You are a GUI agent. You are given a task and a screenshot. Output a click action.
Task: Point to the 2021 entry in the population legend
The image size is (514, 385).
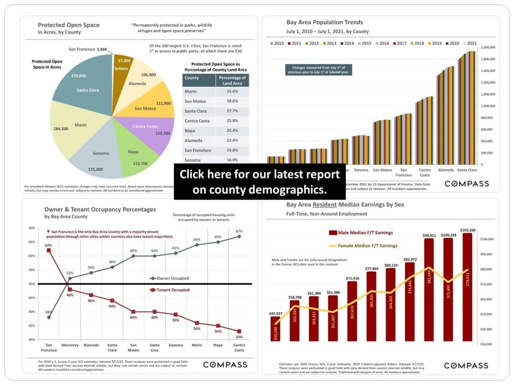469,44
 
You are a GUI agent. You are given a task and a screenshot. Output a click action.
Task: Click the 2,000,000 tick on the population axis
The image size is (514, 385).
488,48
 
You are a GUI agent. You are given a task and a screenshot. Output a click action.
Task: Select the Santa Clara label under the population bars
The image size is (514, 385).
467,170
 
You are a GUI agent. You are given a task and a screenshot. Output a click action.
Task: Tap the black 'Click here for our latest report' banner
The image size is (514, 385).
260,181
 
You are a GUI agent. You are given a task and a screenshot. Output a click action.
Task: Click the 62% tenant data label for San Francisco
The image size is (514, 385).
49,246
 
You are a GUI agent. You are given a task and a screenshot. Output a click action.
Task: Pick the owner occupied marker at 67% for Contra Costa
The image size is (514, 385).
239,237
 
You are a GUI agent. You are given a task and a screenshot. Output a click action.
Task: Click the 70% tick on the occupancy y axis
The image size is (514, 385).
32,228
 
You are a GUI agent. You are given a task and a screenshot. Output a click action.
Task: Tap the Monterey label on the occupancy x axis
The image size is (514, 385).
70,345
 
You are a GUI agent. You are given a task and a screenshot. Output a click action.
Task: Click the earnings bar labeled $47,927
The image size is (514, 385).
275,328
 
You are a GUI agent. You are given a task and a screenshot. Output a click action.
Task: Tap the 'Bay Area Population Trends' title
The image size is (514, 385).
324,23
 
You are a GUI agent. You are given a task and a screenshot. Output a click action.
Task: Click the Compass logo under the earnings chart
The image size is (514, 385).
466,365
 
